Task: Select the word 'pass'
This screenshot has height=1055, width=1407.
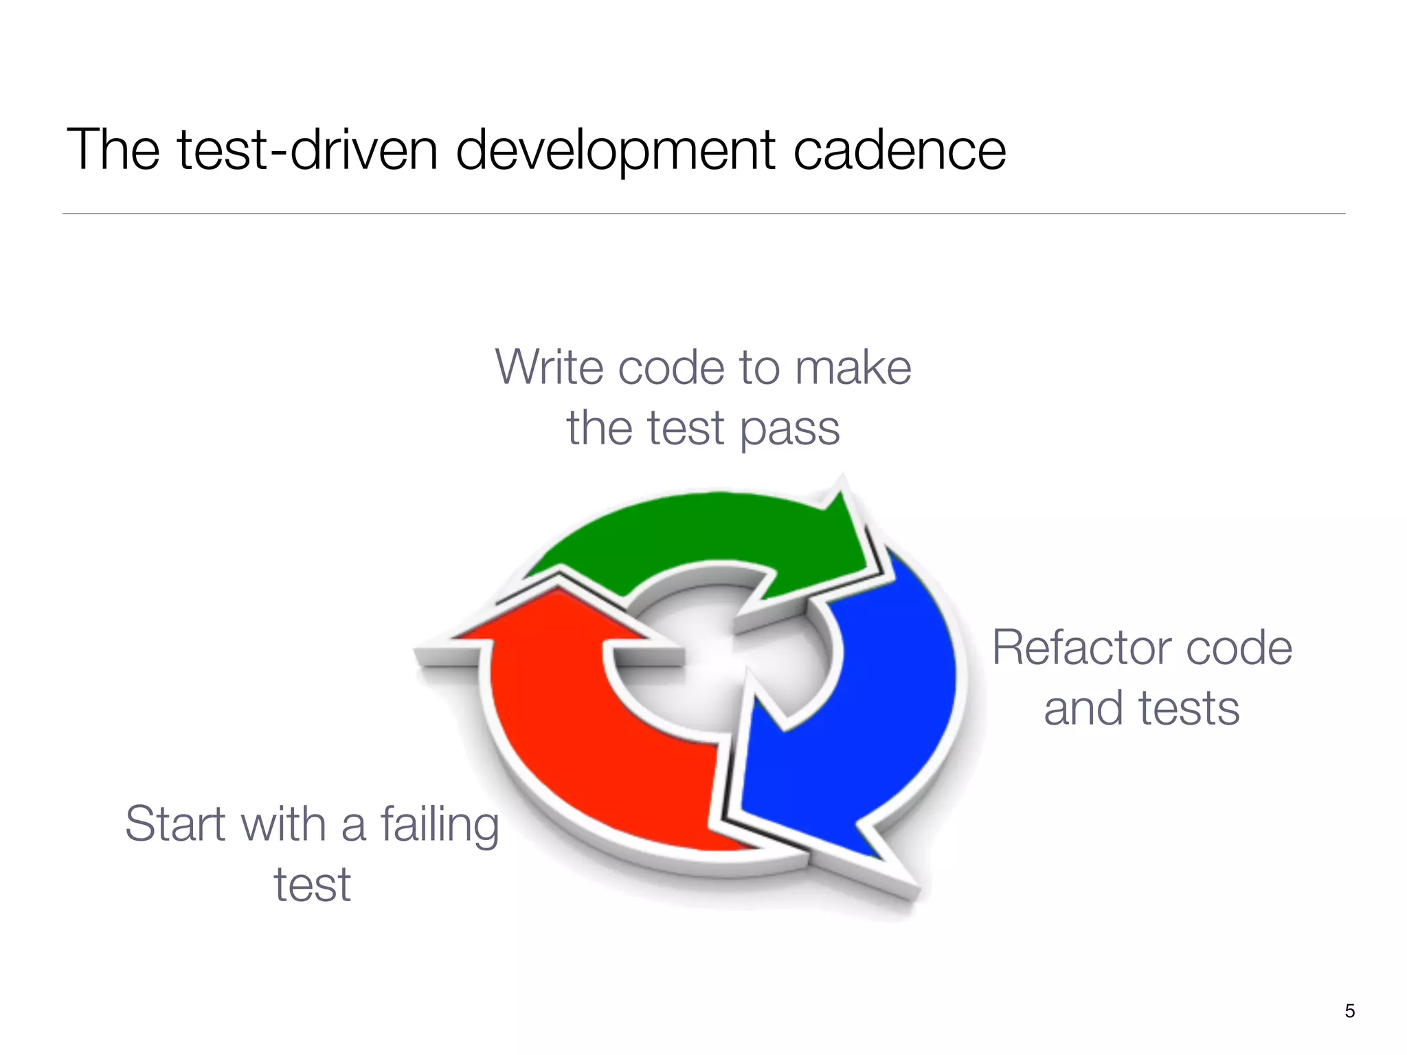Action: point(789,429)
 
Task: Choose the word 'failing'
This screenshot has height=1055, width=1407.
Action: point(440,825)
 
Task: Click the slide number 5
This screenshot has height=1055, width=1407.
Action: point(1349,1011)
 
